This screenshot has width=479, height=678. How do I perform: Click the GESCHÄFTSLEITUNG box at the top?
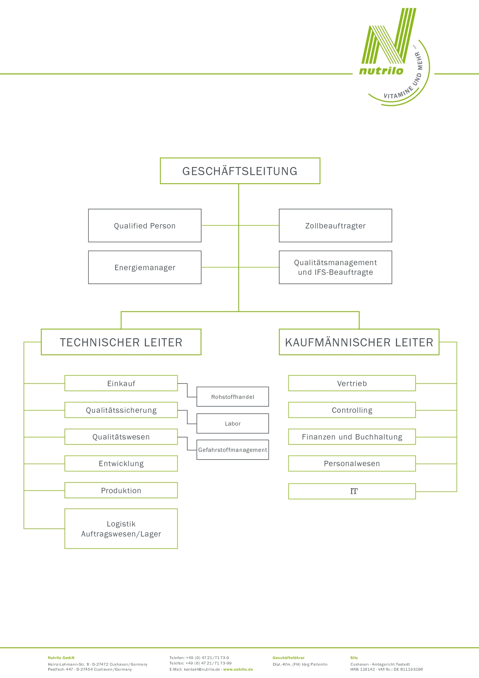[240, 171]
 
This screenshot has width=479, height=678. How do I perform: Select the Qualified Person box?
[145, 226]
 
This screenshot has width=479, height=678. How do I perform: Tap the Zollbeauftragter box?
[335, 226]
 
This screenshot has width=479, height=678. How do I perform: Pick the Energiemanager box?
[145, 267]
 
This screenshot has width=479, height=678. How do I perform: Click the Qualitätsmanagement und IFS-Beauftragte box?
[335, 267]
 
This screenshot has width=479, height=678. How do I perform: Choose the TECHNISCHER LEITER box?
[121, 342]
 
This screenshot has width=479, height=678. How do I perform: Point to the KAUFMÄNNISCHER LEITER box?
[359, 342]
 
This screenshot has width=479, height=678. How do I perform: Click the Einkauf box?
[121, 383]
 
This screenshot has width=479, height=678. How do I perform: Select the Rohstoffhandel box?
[233, 397]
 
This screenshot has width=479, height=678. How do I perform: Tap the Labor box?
[233, 424]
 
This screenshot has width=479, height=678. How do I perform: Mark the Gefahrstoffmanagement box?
[233, 450]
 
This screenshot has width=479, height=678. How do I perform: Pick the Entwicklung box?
[121, 463]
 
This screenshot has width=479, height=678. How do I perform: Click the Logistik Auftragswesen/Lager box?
[121, 529]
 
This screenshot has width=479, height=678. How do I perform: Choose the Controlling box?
[352, 410]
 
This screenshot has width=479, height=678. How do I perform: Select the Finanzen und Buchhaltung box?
[352, 437]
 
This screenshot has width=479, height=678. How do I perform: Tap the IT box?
[352, 491]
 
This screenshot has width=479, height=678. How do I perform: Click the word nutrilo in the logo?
[381, 70]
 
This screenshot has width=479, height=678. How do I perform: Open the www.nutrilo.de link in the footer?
[238, 669]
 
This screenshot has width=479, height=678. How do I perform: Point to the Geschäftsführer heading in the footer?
[289, 658]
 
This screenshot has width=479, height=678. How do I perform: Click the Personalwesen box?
[352, 463]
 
